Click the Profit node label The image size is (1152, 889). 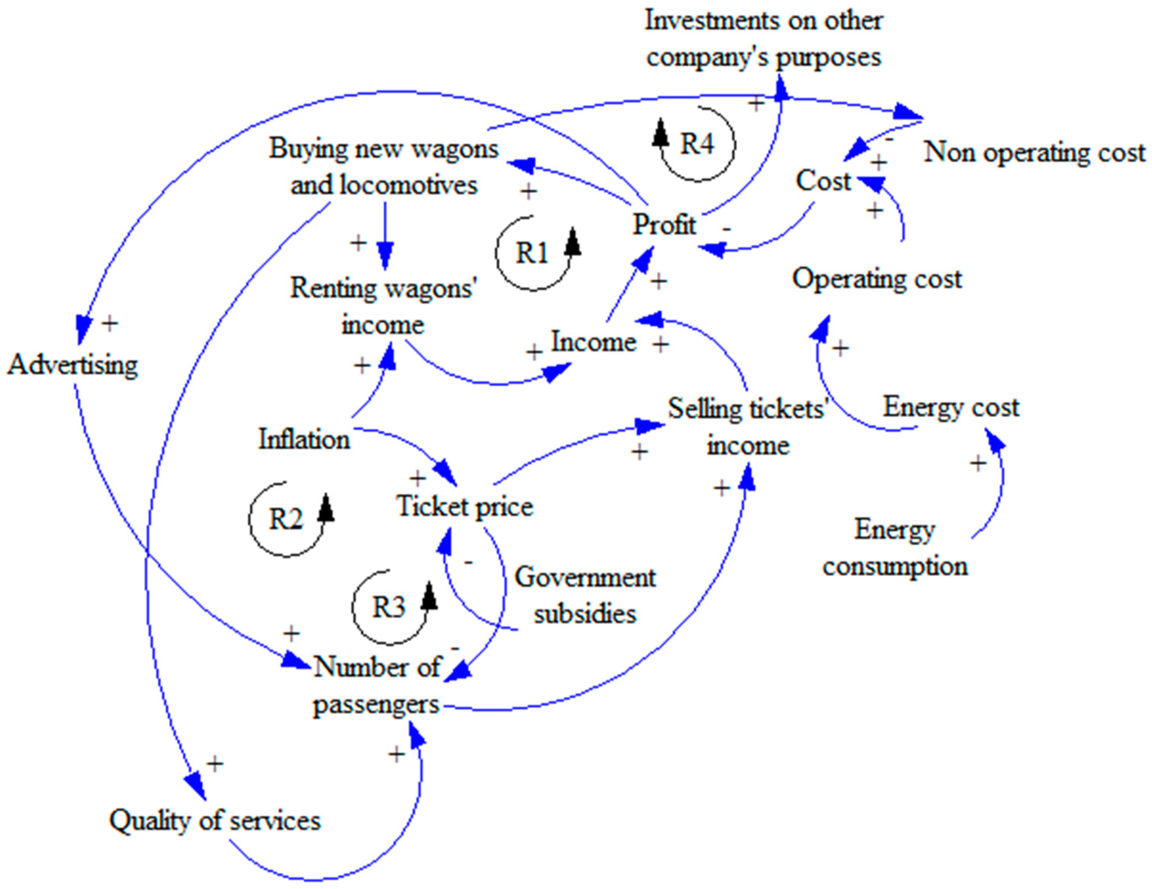pyautogui.click(x=664, y=225)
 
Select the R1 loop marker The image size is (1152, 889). pyautogui.click(x=532, y=253)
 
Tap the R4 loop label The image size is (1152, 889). pyautogui.click(x=697, y=144)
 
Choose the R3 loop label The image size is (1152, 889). pyautogui.click(x=389, y=607)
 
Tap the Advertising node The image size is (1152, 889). pyautogui.click(x=73, y=365)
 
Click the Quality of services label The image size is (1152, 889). pyautogui.click(x=215, y=820)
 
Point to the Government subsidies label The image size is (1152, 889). pyautogui.click(x=585, y=595)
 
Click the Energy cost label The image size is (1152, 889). pyautogui.click(x=951, y=408)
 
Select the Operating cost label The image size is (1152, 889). pyautogui.click(x=877, y=279)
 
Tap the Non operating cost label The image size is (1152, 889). pyautogui.click(x=1034, y=153)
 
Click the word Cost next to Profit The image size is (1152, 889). pyautogui.click(x=823, y=181)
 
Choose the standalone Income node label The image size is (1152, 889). pyautogui.click(x=594, y=342)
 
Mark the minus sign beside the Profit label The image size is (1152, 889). pyautogui.click(x=727, y=229)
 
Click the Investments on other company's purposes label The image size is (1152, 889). pyautogui.click(x=764, y=38)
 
